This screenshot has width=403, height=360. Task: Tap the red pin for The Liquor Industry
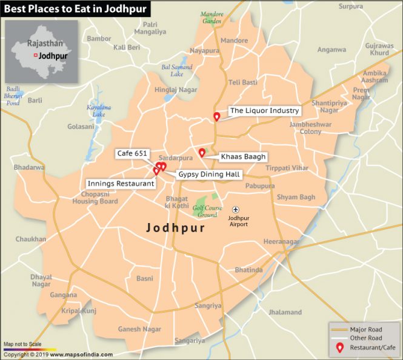216,116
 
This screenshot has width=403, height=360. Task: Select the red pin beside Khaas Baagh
202,153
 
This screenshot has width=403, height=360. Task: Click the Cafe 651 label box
132,155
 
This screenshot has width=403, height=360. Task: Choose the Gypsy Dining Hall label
209,175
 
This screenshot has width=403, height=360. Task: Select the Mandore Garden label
211,18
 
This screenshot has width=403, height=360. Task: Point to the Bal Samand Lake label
176,70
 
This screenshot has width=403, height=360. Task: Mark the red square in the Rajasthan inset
35,55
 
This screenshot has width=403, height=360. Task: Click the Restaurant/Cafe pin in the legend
341,348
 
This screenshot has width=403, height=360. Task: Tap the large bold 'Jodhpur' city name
175,228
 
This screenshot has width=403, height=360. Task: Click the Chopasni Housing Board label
95,198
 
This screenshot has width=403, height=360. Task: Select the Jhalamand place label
285,312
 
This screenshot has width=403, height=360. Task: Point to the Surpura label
351,7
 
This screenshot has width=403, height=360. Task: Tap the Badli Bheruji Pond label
13,96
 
